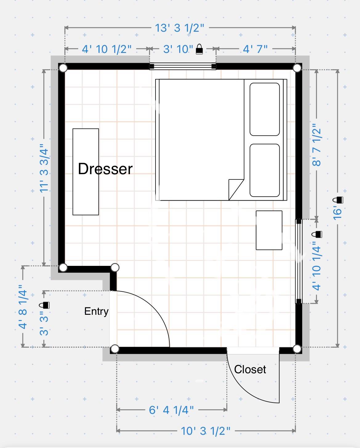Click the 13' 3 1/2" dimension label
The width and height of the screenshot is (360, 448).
(179, 28)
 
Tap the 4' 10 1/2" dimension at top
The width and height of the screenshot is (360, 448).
(107, 49)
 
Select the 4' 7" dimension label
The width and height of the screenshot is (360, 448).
(255, 49)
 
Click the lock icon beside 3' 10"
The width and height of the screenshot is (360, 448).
(200, 49)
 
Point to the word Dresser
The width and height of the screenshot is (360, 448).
(105, 169)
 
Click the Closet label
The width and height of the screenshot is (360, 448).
(250, 369)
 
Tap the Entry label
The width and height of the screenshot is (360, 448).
(96, 311)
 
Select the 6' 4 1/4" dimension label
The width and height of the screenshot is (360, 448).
(171, 410)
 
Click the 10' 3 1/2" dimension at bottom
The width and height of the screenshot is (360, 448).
(205, 431)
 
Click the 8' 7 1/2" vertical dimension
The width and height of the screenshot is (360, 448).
(317, 145)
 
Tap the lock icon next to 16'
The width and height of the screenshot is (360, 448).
(339, 200)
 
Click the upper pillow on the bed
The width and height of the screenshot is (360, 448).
(265, 109)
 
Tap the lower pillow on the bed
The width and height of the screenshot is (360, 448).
(265, 170)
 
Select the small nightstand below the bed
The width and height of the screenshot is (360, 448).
(269, 230)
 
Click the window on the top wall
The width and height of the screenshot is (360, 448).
(183, 66)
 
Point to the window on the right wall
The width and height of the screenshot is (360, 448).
(298, 261)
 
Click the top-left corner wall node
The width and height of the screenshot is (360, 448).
(63, 68)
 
